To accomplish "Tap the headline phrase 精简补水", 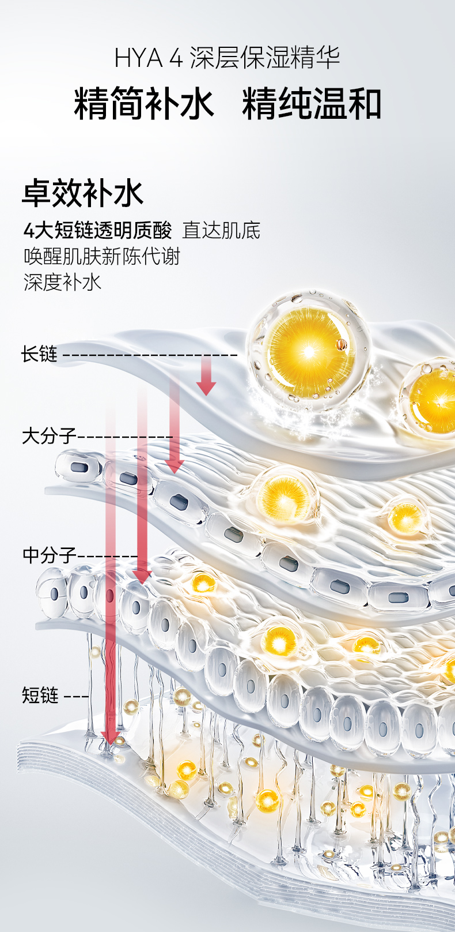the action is (x=143, y=104).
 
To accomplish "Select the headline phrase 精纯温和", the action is (x=312, y=104).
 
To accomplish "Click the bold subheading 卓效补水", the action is (x=83, y=193).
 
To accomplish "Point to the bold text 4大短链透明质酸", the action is (x=97, y=231).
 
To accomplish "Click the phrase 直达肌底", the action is (x=221, y=231).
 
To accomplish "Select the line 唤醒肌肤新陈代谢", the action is (x=102, y=256).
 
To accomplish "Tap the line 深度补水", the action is (x=62, y=282).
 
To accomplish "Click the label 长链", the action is (x=39, y=354).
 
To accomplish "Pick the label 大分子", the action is (x=48, y=435).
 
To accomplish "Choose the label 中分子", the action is (x=48, y=555).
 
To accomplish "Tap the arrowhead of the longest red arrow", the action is (x=110, y=738).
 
